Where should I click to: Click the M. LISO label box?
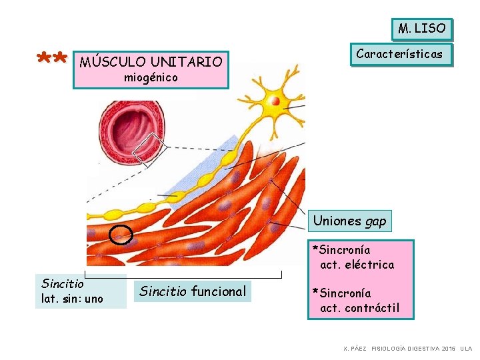(x=421, y=29)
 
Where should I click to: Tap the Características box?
(x=399, y=54)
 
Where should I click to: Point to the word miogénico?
(x=151, y=78)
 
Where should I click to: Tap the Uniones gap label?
(x=349, y=221)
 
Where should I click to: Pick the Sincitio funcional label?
(x=193, y=291)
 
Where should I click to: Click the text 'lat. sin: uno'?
(x=73, y=299)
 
